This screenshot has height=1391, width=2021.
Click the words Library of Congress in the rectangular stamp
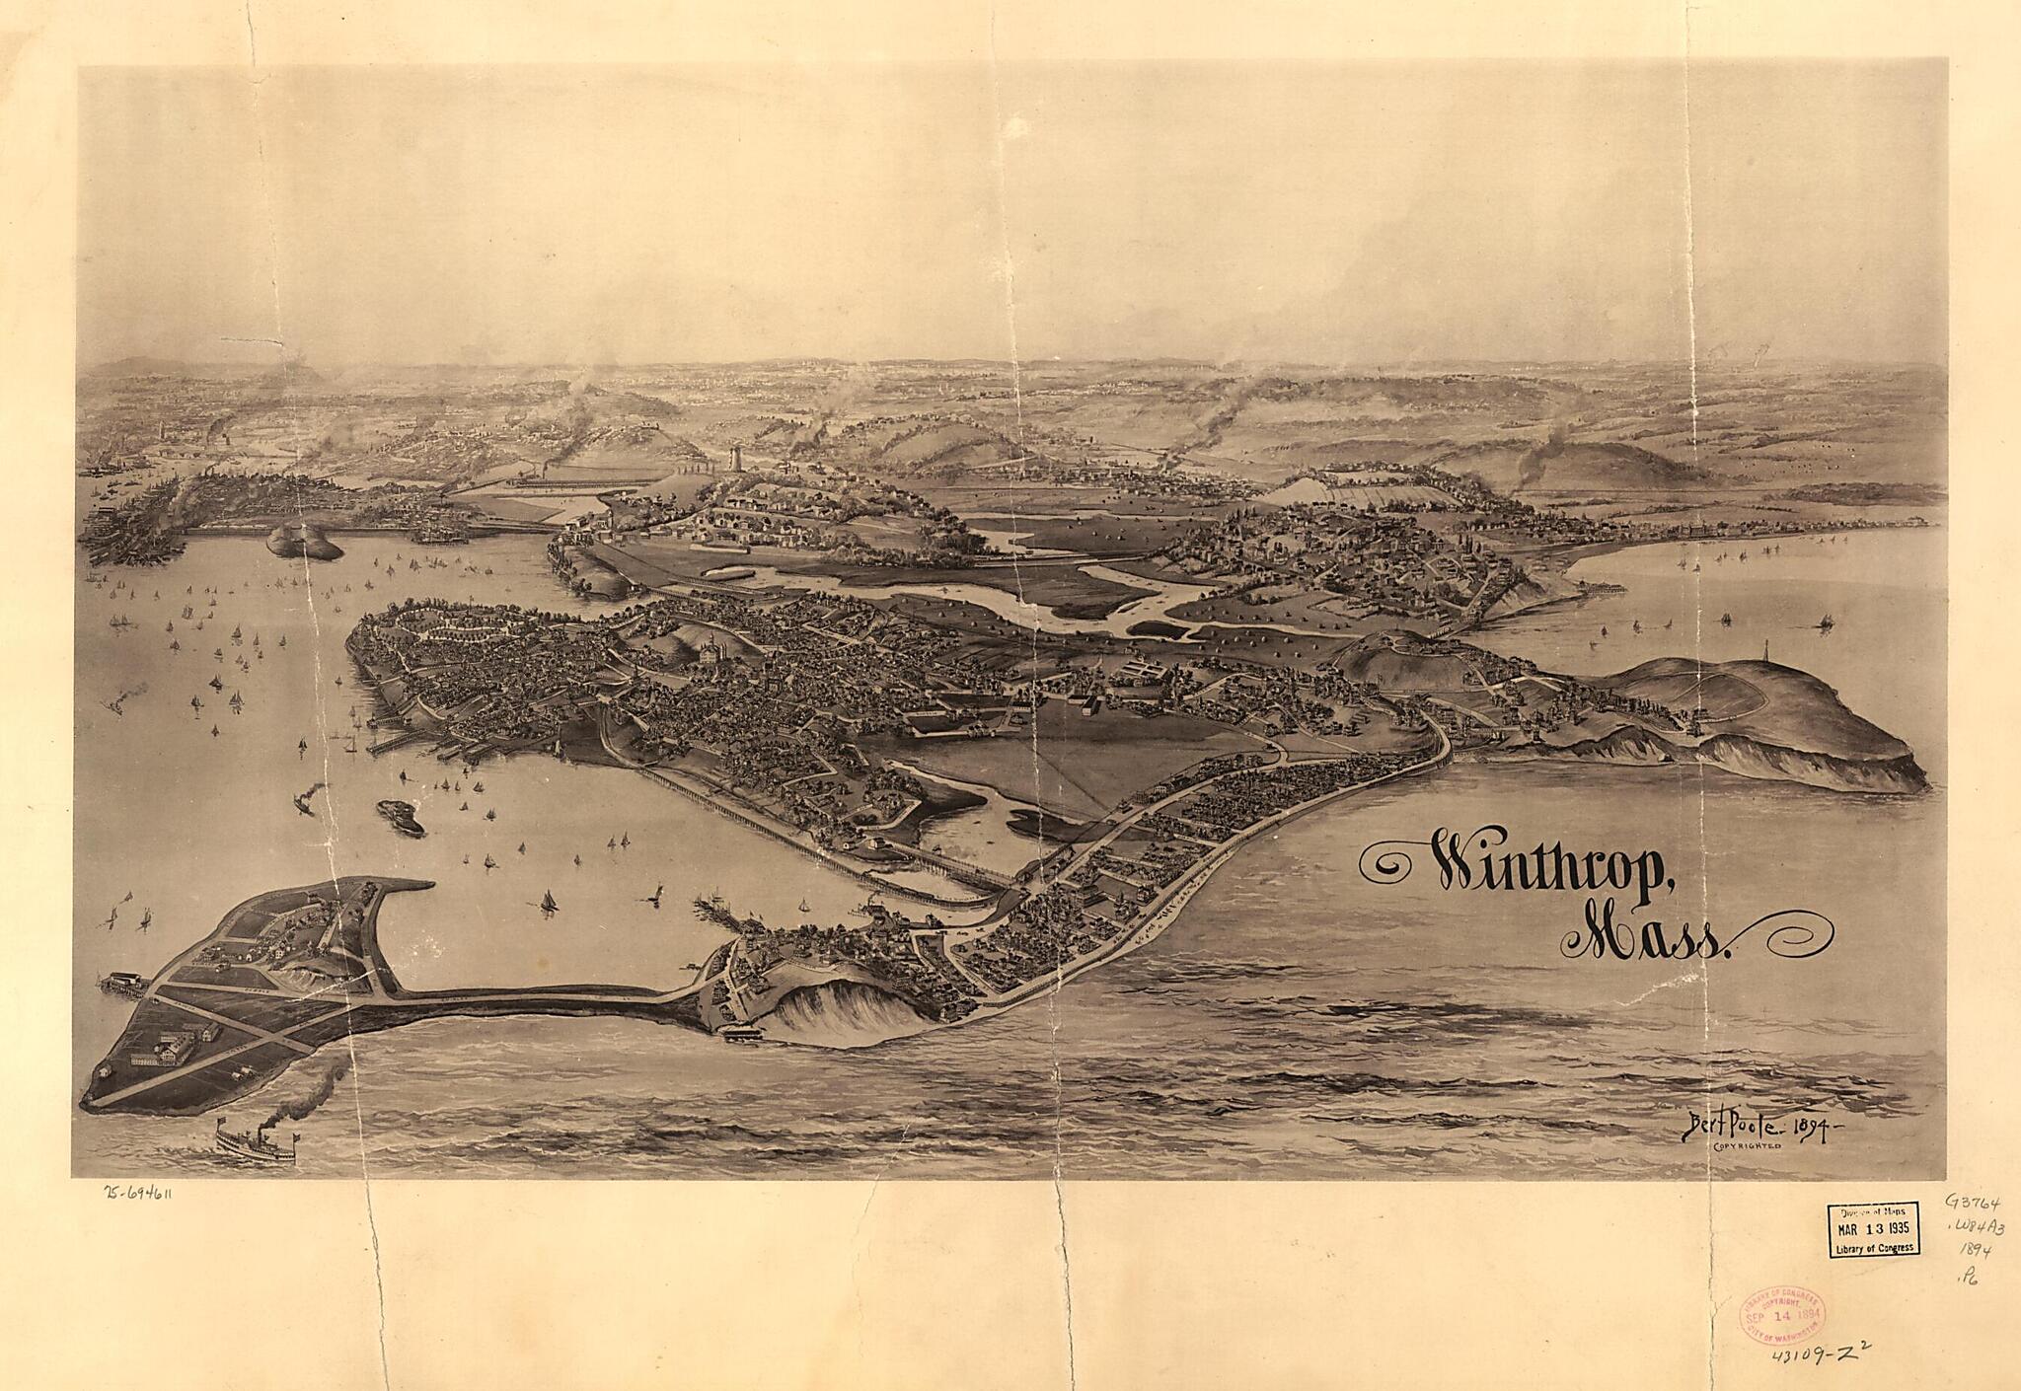pyautogui.click(x=1873, y=1249)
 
